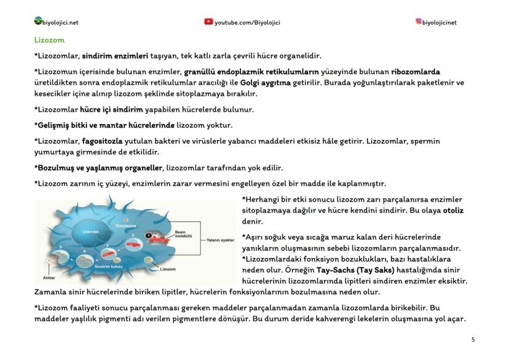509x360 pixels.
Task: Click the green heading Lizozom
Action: click(46, 40)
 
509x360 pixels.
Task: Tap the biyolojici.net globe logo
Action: click(38, 22)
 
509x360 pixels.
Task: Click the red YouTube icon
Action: click(208, 22)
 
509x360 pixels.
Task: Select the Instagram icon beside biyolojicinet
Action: click(419, 22)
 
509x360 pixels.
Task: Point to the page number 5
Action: click(473, 338)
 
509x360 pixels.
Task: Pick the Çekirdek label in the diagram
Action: click(90, 232)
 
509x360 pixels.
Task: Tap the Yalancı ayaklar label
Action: click(221, 240)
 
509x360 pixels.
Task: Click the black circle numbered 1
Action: click(148, 235)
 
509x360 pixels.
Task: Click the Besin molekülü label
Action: click(184, 233)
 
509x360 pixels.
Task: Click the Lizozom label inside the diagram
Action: click(168, 269)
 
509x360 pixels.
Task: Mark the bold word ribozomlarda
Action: click(416, 71)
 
